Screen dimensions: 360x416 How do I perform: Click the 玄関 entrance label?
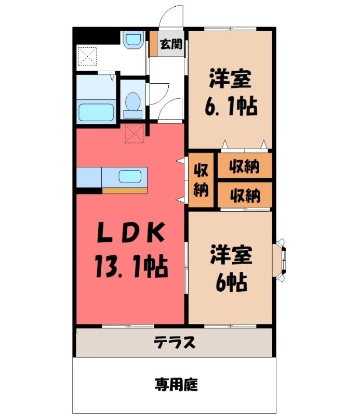point(171,44)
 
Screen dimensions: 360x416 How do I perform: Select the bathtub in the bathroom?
point(96,112)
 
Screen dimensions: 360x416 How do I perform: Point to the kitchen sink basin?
point(130,176)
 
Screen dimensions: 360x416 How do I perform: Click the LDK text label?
point(130,232)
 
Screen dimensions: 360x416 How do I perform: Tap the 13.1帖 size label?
point(131,266)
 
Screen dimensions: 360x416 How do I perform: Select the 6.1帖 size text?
point(231,107)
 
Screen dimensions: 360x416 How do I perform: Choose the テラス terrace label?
point(175,342)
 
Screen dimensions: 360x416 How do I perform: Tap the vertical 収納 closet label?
point(201,180)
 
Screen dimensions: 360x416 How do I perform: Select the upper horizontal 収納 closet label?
point(245,166)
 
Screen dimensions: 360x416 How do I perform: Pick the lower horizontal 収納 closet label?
point(245,196)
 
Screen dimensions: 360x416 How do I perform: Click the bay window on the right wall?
point(281,259)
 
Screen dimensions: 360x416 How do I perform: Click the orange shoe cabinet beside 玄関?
point(153,44)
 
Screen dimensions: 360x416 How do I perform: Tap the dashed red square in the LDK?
point(135,134)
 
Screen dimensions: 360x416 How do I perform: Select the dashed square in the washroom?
point(88,56)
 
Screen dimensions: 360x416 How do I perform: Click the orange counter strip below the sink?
point(125,191)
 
